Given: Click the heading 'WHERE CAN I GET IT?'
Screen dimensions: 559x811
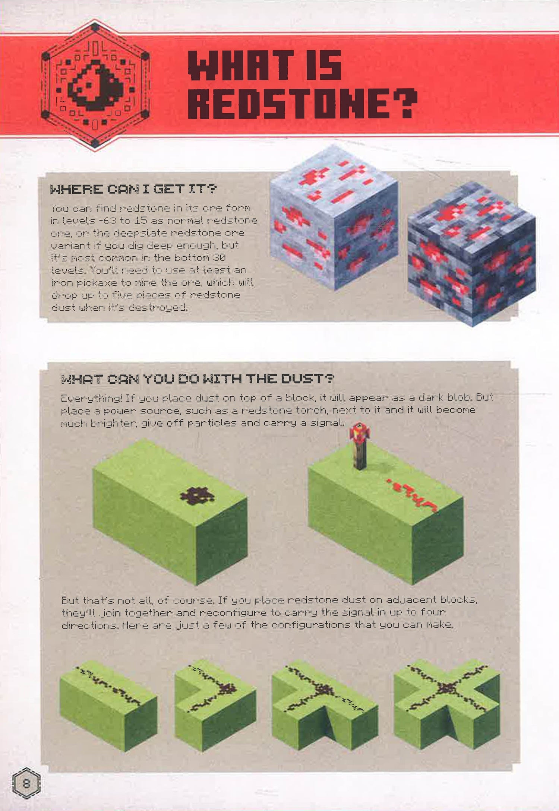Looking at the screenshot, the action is point(133,189).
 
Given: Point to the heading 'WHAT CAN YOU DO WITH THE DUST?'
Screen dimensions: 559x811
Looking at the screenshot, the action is point(198,379).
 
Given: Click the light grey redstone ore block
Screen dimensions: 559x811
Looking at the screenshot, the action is point(334,218).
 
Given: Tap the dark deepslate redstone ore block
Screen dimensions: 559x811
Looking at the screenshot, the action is point(471,253).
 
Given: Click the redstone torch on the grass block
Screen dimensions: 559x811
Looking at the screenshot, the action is point(359,446).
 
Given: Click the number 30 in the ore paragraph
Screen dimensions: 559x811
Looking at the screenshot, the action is point(219,257).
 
